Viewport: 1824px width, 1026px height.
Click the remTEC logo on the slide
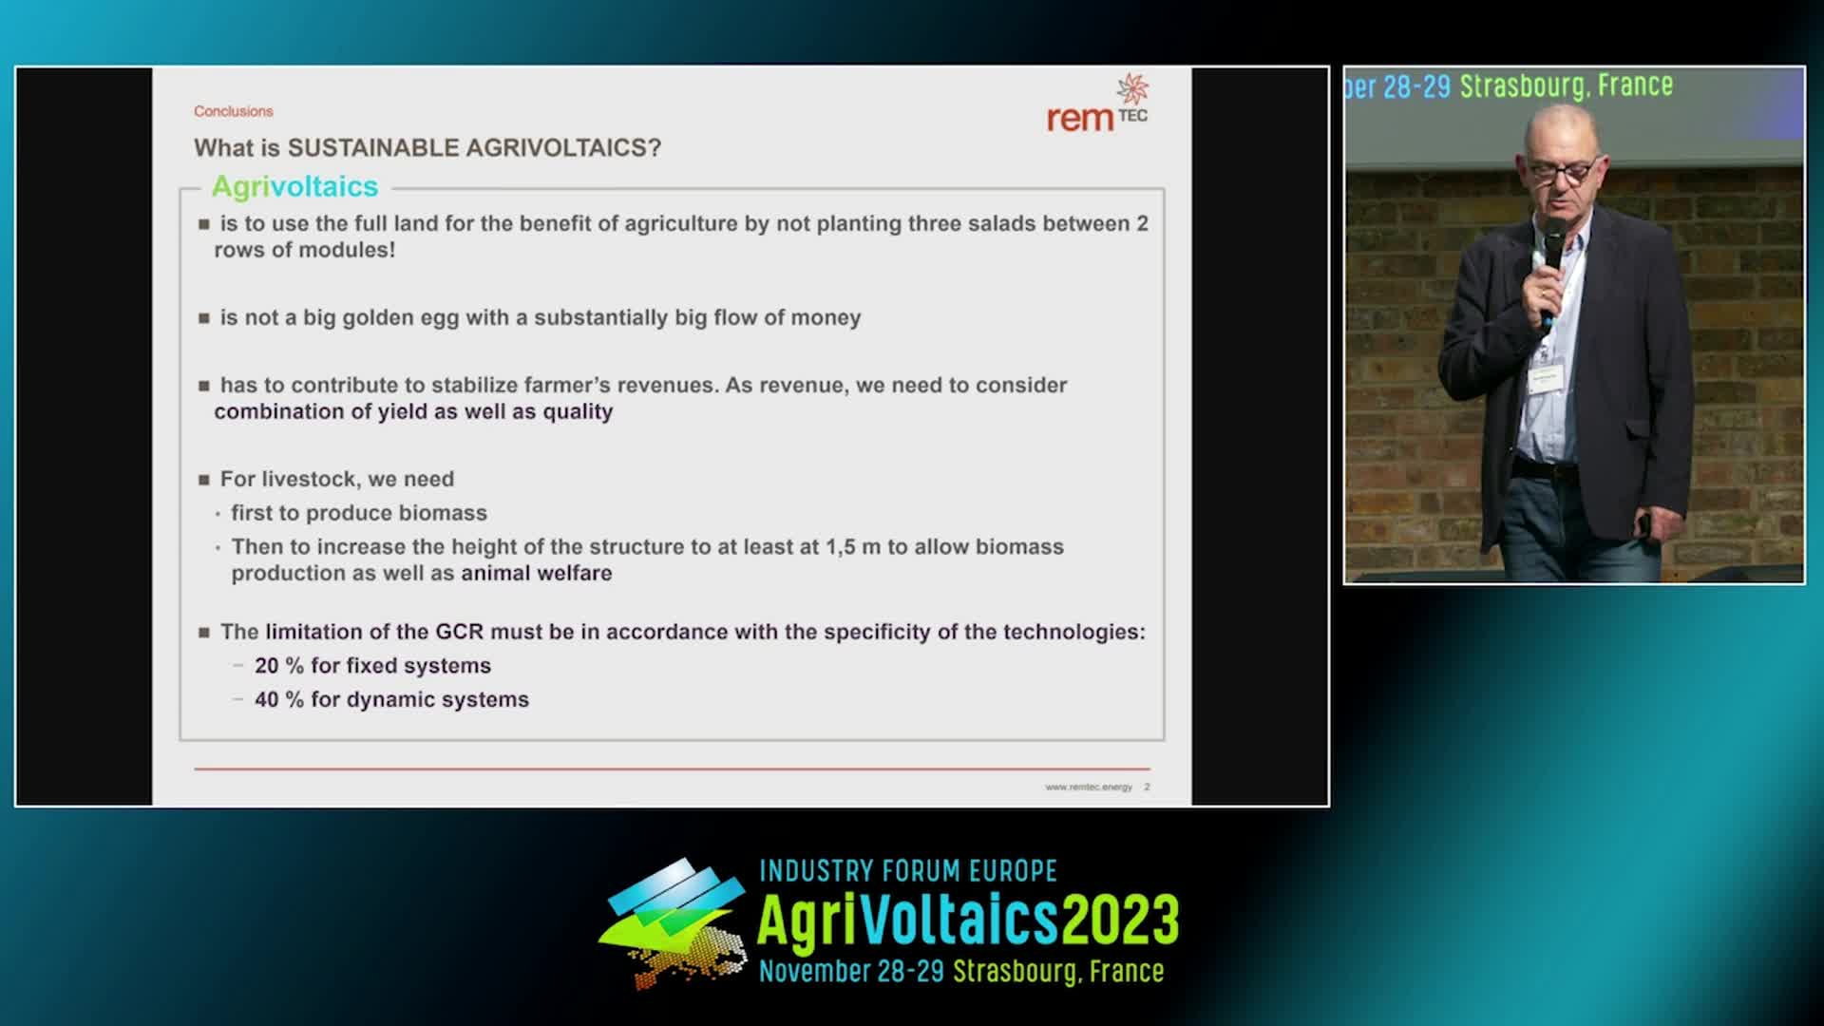tap(1097, 104)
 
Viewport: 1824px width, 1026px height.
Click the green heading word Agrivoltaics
tap(294, 186)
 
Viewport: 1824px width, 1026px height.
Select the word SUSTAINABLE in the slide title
tap(369, 147)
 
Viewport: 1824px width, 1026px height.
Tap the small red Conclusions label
tap(234, 111)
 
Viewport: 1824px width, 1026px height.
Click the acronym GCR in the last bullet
tap(460, 632)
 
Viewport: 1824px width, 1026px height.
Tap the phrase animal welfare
tap(537, 573)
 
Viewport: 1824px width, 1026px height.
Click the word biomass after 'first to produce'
tap(443, 513)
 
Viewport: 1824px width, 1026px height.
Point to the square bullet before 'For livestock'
tap(203, 480)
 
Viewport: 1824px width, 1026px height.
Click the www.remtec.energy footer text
tap(1089, 787)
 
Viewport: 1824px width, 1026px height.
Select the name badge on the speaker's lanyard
tap(1546, 379)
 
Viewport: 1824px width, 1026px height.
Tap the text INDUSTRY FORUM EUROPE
tap(908, 870)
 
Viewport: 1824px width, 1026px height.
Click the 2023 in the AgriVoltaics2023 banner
tap(1120, 920)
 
